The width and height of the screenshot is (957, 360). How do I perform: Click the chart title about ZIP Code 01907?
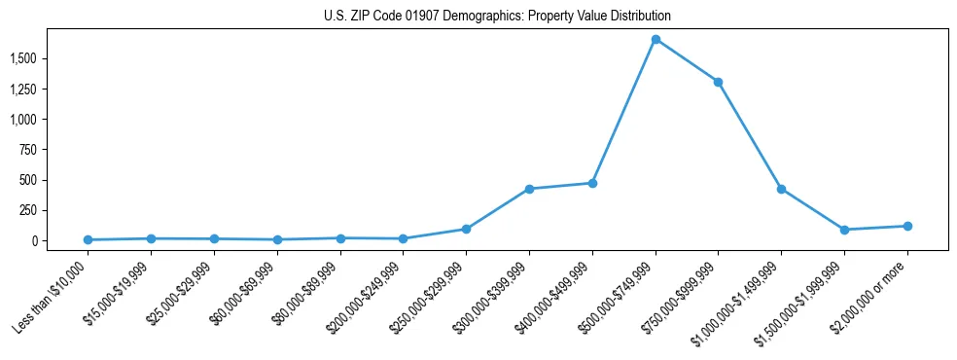497,17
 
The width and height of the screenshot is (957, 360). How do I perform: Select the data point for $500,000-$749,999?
656,40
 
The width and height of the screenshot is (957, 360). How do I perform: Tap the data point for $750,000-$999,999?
718,82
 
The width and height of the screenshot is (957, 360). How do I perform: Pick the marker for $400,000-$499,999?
592,183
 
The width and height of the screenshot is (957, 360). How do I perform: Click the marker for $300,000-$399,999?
529,189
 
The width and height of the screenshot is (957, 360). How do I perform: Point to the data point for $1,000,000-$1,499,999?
781,189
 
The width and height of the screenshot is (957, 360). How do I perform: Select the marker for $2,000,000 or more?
907,226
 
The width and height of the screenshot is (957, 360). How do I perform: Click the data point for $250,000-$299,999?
466,230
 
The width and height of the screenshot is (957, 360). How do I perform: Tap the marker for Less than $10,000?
89,239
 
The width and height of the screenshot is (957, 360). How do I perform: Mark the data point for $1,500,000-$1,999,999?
844,230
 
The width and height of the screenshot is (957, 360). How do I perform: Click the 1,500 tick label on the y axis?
52,58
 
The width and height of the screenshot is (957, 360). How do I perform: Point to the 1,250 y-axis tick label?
52,90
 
